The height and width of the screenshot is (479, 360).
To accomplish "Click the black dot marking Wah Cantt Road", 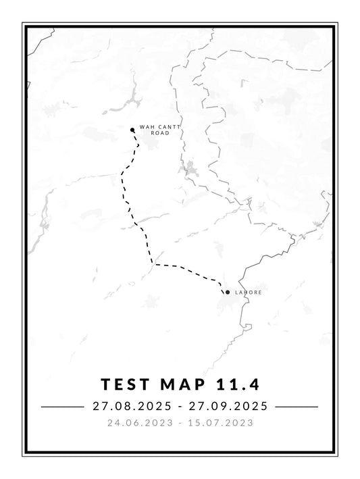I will (132, 130).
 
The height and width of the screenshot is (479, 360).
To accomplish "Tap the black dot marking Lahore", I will (228, 292).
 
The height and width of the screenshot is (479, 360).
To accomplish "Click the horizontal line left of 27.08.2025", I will (61, 407).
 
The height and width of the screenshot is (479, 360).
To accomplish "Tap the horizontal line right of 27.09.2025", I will (297, 407).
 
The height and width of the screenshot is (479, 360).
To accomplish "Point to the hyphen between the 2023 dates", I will (180, 424).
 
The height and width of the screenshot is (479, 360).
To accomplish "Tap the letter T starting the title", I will (106, 384).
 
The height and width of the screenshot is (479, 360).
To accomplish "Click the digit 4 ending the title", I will (255, 384).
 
